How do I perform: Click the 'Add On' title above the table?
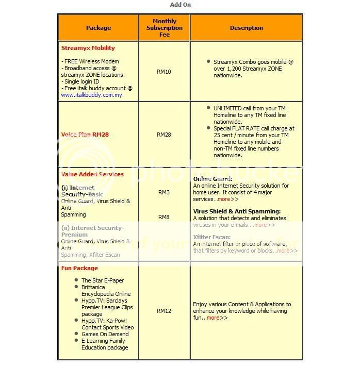pos(181,5)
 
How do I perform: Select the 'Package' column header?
pos(98,28)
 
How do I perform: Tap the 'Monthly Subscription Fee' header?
pos(164,28)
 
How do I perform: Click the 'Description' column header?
pos(246,28)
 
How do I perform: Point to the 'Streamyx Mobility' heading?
pos(88,48)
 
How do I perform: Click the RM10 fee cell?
pos(164,72)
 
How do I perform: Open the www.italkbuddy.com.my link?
pos(91,95)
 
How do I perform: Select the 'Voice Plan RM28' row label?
pos(85,135)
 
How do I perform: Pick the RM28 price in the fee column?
pos(164,135)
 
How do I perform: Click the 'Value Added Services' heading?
pos(92,174)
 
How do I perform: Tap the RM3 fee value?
pos(164,192)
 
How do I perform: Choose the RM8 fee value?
pos(164,217)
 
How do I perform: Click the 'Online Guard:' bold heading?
pos(212,179)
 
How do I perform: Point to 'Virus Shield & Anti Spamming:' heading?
pos(237,211)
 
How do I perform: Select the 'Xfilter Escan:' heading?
pos(212,237)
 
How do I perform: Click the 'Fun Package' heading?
pos(79,268)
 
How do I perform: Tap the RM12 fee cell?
pos(164,311)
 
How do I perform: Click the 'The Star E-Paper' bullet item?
pos(103,280)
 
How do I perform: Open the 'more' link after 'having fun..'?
pos(213,318)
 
